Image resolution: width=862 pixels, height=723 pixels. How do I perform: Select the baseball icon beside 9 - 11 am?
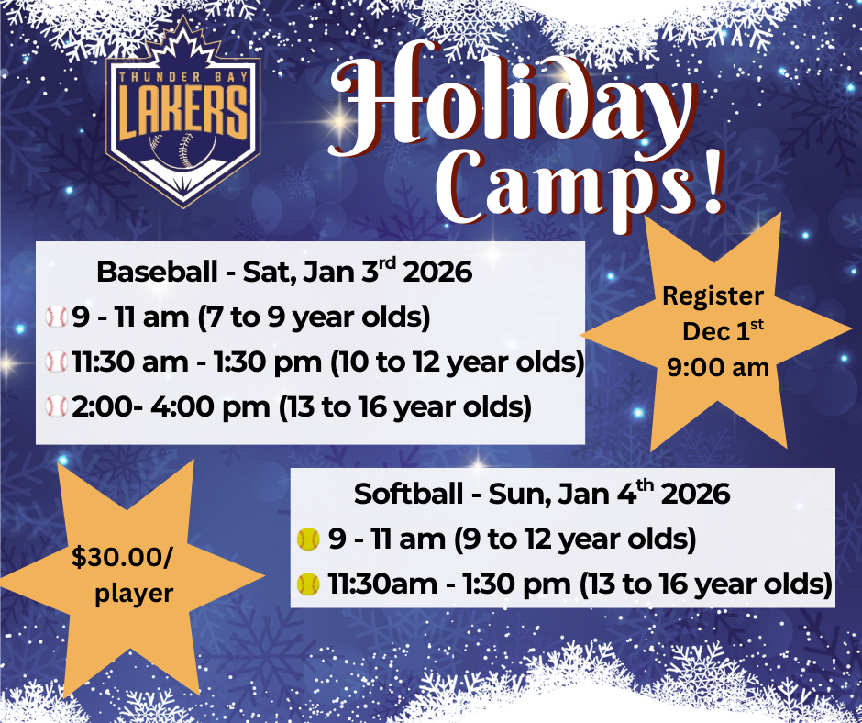point(57,318)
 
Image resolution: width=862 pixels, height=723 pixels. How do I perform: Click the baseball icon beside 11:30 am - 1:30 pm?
point(57,362)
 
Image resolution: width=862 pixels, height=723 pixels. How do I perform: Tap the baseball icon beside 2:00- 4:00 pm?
point(57,406)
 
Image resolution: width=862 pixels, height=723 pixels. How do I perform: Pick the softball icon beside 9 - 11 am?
point(308,539)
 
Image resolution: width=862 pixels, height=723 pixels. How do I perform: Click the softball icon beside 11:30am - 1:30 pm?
point(308,583)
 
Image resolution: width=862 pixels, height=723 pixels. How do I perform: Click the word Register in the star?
point(713,297)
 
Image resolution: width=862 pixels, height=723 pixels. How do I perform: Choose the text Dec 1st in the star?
point(721,331)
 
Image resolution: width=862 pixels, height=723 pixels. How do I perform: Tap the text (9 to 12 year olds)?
point(575,539)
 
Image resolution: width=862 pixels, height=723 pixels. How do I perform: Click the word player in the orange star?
point(134,594)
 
